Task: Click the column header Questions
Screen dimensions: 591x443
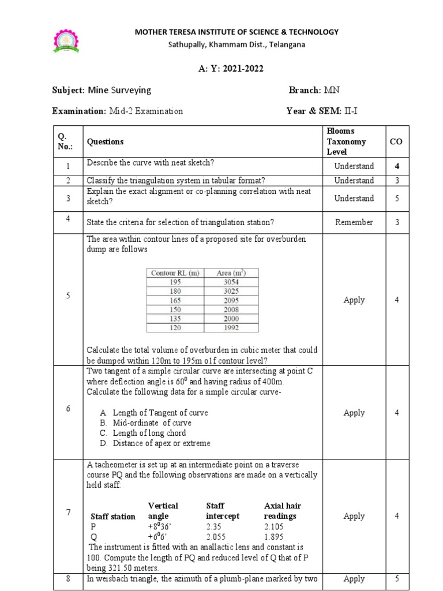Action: point(105,141)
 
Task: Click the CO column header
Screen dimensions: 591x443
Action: point(396,141)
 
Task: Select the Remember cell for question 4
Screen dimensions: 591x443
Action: point(354,222)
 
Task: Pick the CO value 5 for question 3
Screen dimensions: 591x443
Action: point(396,198)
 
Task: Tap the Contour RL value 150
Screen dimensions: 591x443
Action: point(175,309)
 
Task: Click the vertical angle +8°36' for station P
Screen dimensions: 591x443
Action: point(162,526)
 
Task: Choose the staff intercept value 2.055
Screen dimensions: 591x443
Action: point(217,536)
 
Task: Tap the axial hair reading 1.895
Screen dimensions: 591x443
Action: point(275,536)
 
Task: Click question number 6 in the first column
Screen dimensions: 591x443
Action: point(68,408)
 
